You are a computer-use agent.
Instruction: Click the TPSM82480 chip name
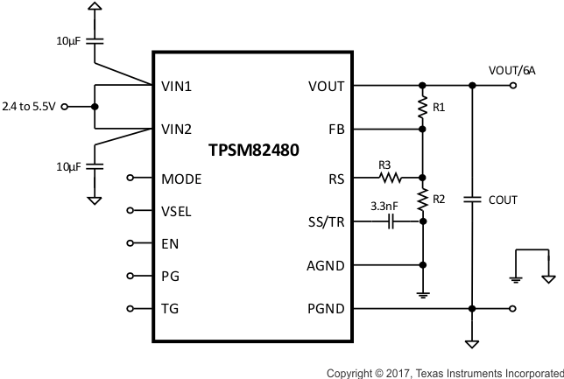pyautogui.click(x=254, y=150)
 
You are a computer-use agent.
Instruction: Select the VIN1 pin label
pyautogui.click(x=177, y=87)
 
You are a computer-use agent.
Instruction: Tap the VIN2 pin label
pyautogui.click(x=177, y=129)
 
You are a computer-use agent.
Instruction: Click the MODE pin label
pyautogui.click(x=181, y=179)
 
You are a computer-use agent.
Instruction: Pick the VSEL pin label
pyautogui.click(x=177, y=211)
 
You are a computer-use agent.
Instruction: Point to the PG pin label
pyautogui.click(x=170, y=276)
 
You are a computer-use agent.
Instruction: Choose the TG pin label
pyautogui.click(x=170, y=308)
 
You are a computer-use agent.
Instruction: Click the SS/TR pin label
pyautogui.click(x=326, y=223)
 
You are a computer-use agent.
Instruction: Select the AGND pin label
pyautogui.click(x=325, y=265)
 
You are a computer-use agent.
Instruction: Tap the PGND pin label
pyautogui.click(x=325, y=308)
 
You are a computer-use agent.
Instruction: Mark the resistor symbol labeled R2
pyautogui.click(x=423, y=200)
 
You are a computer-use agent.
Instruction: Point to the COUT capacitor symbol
pyautogui.click(x=472, y=200)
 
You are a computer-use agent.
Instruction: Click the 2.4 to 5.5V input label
pyautogui.click(x=30, y=107)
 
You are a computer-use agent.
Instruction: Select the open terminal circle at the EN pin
pyautogui.click(x=131, y=243)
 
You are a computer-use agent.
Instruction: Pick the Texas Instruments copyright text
pyautogui.click(x=444, y=373)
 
